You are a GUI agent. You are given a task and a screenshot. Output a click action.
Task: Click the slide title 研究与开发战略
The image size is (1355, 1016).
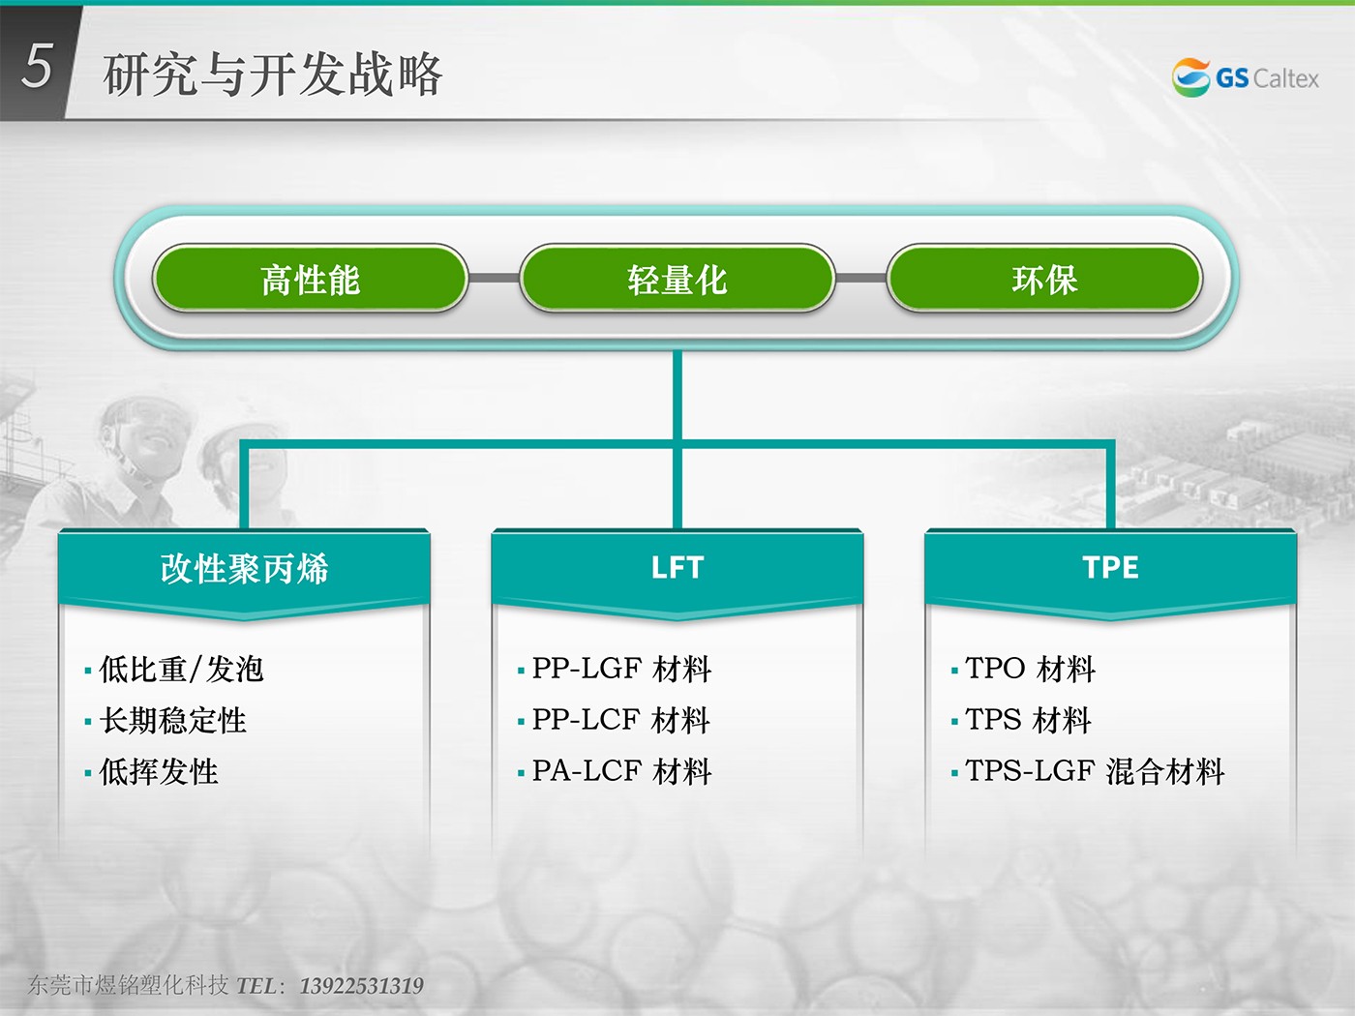(x=272, y=75)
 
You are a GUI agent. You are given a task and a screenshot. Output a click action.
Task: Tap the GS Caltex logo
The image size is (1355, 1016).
(x=1245, y=77)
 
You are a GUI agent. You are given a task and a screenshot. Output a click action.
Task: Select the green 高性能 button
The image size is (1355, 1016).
(x=310, y=279)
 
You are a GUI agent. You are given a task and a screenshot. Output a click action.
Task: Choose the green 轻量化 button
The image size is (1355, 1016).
(x=677, y=279)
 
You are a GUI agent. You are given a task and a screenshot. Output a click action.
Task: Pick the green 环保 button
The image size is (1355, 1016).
(x=1044, y=279)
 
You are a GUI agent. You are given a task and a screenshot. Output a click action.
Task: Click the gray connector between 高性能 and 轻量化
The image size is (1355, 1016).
(x=494, y=279)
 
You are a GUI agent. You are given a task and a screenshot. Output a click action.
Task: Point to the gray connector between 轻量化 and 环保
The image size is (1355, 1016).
(x=861, y=279)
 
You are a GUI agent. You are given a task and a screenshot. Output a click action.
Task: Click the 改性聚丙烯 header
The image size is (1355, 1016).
(x=245, y=568)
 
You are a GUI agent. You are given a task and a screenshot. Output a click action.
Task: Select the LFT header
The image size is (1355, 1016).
(x=677, y=568)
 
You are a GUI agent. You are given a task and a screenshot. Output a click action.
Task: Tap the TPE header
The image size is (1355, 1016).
(x=1110, y=568)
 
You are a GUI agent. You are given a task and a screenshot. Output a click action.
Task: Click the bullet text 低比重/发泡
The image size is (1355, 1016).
(x=182, y=670)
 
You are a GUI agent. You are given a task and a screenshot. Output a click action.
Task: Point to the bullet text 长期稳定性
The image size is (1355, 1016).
(x=173, y=721)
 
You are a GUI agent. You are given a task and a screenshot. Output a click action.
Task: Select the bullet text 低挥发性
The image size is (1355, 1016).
(x=159, y=772)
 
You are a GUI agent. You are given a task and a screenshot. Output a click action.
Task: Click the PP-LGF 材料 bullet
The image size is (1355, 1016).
(x=621, y=670)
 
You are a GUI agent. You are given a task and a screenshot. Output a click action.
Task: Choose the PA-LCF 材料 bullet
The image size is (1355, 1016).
(x=621, y=772)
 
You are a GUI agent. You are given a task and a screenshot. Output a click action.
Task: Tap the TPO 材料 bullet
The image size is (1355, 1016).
(x=1031, y=670)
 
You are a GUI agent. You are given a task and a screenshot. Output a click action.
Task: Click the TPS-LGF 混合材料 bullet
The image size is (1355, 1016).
(x=1095, y=772)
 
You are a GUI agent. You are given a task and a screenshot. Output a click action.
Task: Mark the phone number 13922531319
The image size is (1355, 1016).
(x=362, y=986)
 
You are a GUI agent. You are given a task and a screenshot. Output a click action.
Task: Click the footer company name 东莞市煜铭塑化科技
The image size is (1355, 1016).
(x=128, y=986)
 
